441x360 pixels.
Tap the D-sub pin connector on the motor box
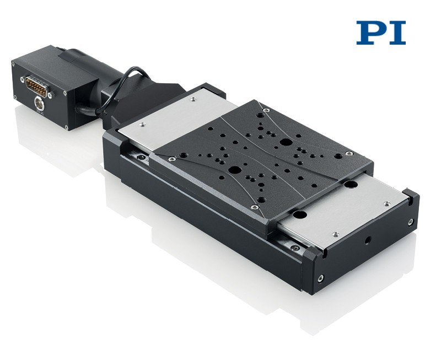click(36, 87)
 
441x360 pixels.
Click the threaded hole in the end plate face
click(368, 240)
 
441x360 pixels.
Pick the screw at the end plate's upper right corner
click(411, 221)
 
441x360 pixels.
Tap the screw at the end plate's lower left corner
click(321, 278)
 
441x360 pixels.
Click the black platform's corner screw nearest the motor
click(266, 110)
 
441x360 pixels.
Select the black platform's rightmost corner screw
click(349, 153)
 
